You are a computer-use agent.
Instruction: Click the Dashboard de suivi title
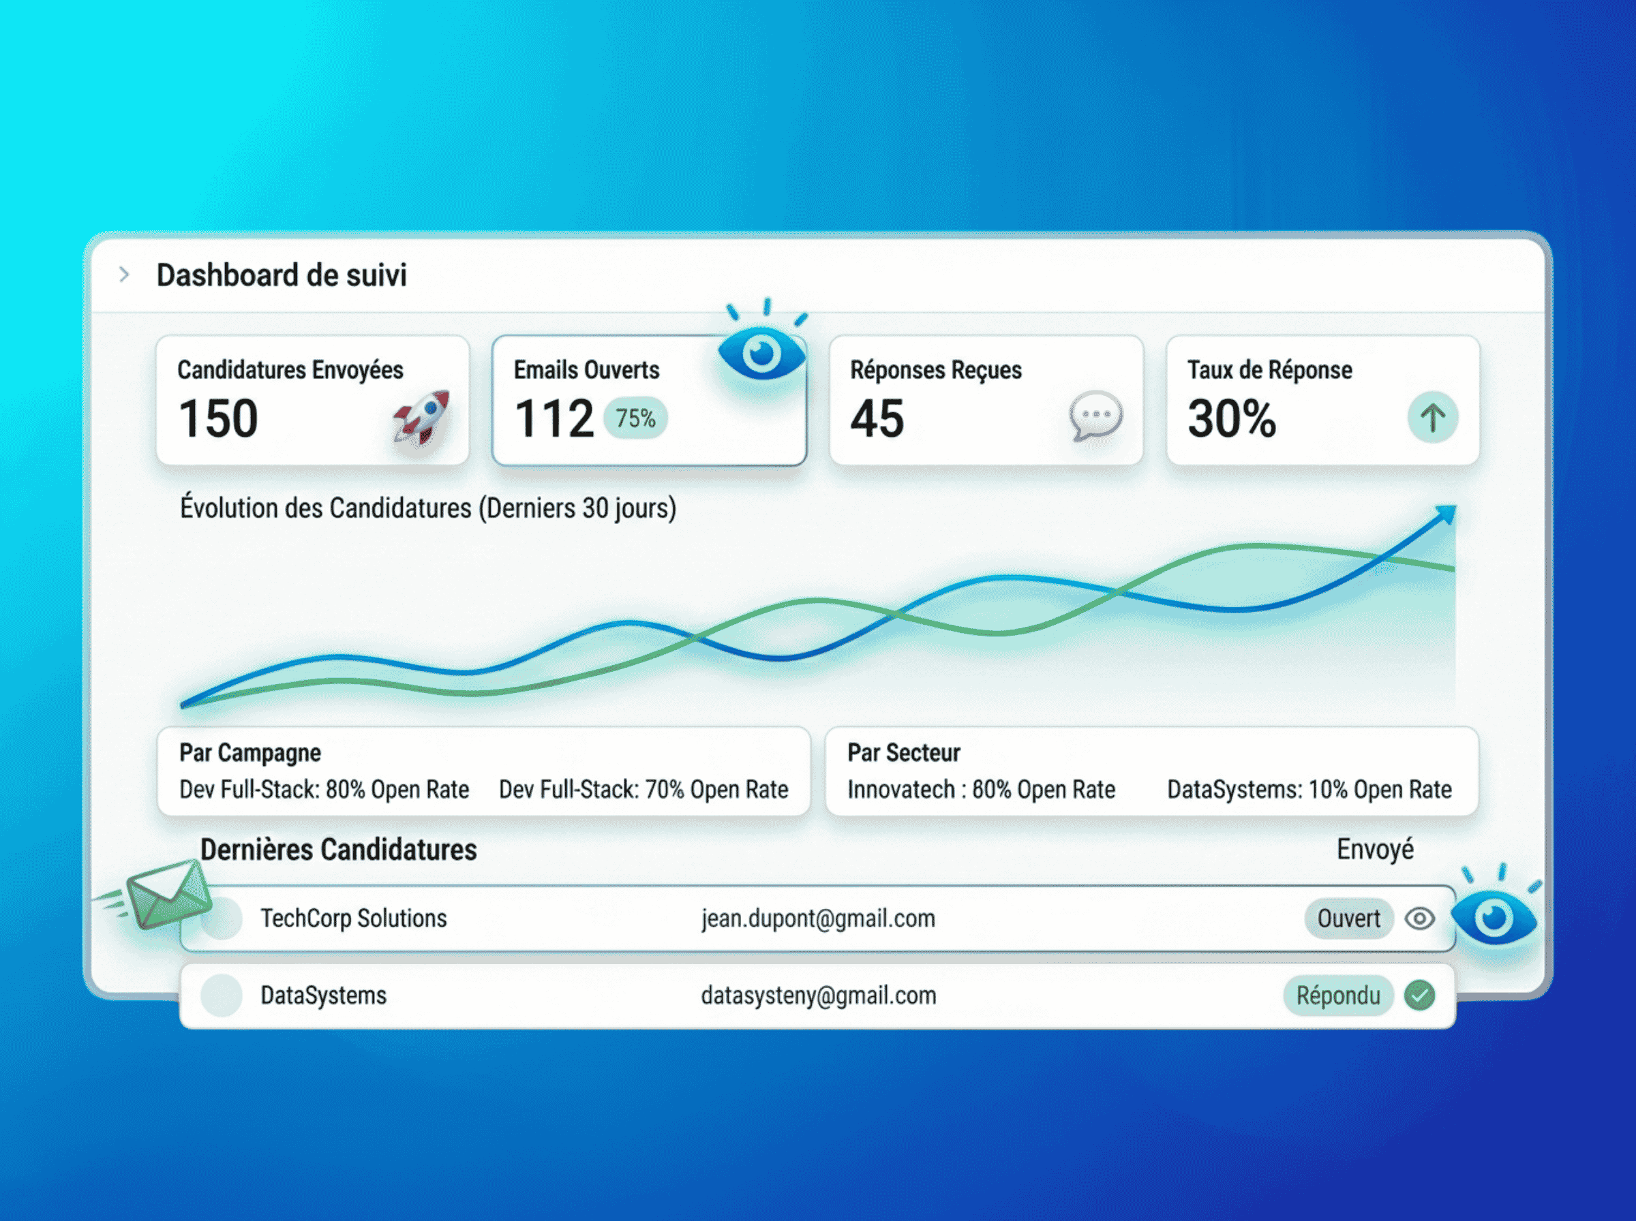pos(281,275)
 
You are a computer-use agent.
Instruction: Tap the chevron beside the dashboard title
pos(124,275)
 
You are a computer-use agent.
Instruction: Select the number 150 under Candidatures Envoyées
pos(218,418)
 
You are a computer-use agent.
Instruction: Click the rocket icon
pos(422,417)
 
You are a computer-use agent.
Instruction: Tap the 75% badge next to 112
pos(635,418)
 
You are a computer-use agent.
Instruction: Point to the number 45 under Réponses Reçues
pos(877,418)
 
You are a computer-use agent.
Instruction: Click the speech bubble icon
pos(1095,416)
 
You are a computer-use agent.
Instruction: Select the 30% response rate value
pos(1232,418)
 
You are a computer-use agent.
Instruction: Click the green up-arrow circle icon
pos(1432,418)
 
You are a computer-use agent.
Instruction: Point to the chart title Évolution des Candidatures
pos(428,508)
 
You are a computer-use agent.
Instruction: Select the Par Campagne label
pos(250,752)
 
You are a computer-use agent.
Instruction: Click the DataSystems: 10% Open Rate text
pos(1309,790)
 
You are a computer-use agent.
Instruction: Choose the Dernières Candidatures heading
pos(339,850)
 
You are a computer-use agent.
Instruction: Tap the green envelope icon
pos(168,895)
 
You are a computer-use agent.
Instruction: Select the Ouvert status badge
pos(1348,918)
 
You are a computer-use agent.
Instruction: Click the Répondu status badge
pos(1338,995)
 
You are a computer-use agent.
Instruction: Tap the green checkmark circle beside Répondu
pos(1420,995)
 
